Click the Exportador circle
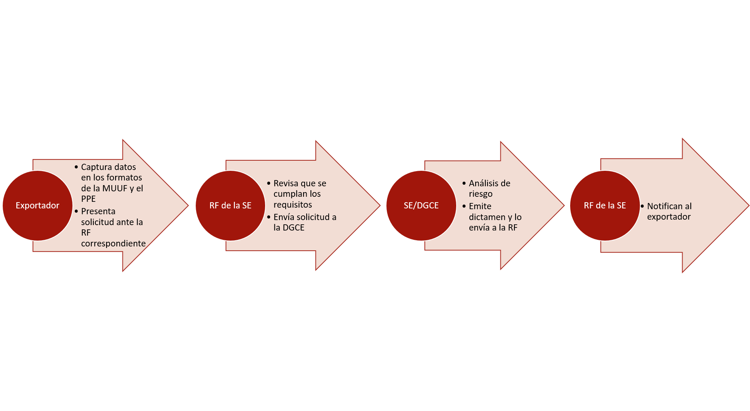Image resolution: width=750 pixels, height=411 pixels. (x=38, y=206)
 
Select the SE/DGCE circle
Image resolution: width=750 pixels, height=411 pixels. (x=421, y=206)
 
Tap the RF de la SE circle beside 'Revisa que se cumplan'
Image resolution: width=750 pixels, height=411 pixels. (x=231, y=206)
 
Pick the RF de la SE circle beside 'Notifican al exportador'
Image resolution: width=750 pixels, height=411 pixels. (x=605, y=206)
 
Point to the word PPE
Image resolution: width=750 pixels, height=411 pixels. (x=88, y=199)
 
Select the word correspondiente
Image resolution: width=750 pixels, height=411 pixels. (x=113, y=244)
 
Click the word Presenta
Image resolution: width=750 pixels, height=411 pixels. (x=98, y=212)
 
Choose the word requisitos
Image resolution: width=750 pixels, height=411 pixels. (x=293, y=205)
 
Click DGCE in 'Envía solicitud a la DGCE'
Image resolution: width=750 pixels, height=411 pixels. (x=293, y=228)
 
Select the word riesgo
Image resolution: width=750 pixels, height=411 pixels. (x=481, y=194)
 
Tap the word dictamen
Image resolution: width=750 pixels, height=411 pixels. (x=487, y=217)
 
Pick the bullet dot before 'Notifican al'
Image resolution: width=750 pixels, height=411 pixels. (x=642, y=206)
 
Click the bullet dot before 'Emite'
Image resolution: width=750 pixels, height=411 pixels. (x=464, y=206)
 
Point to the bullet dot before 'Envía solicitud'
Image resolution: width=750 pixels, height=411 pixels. (x=269, y=217)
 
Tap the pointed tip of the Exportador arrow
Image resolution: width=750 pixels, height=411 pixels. (x=188, y=206)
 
